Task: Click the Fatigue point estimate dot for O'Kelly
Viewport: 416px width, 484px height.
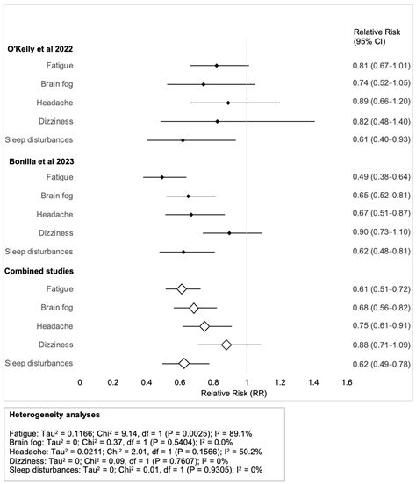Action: pos(217,66)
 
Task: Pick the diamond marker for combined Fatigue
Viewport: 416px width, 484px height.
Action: pos(182,288)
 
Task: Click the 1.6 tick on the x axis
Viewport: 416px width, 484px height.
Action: pos(347,381)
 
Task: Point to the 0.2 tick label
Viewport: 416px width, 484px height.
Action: pos(113,381)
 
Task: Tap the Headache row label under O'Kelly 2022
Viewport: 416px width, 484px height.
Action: pos(54,103)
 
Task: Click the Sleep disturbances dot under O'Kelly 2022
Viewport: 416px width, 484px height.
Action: pos(183,140)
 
